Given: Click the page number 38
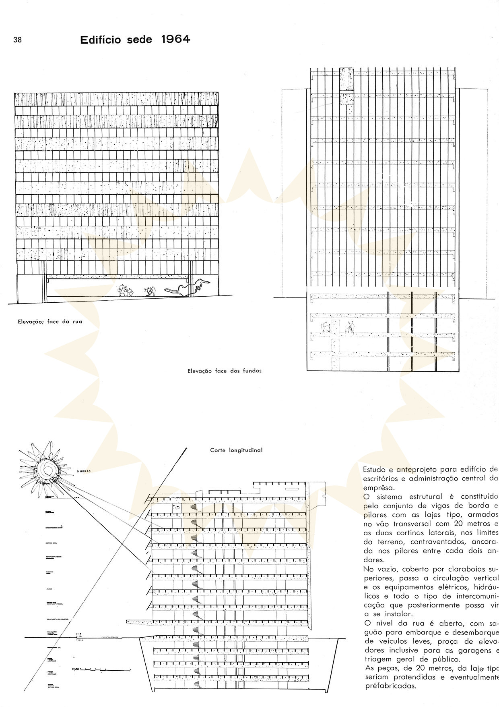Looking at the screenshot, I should coord(17,40).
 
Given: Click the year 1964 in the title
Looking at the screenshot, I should coord(175,39).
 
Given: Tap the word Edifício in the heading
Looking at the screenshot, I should coord(100,40).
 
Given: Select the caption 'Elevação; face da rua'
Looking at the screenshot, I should coord(49,322).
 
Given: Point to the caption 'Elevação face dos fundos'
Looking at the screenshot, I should coord(225,371).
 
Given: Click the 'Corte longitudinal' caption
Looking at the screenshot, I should coord(236,450).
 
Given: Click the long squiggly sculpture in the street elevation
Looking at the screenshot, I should coord(186,287).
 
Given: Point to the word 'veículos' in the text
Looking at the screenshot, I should coord(378,641).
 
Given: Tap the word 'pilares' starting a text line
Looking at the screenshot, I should coord(375,515).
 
